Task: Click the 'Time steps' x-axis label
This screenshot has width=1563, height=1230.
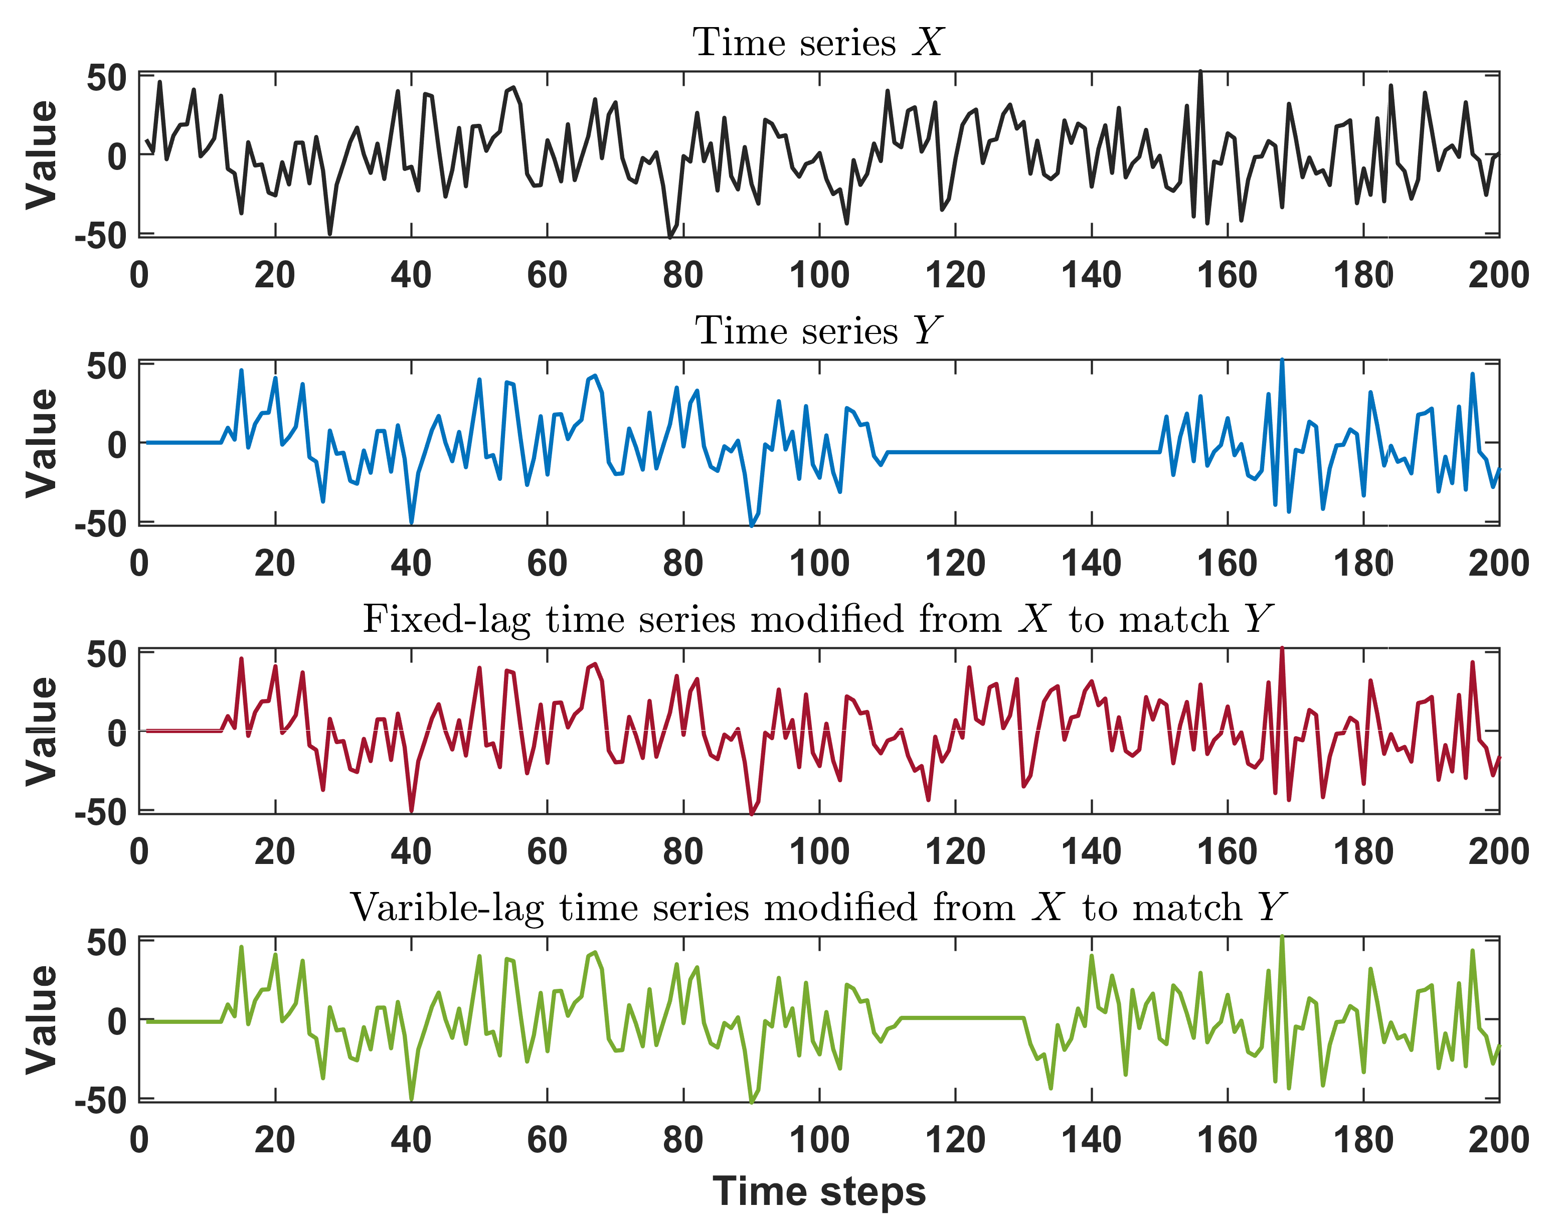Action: (x=819, y=1192)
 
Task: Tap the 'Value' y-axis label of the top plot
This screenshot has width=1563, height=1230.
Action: (x=41, y=155)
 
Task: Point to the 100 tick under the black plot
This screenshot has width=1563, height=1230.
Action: (x=819, y=275)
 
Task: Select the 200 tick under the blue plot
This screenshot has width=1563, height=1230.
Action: (x=1498, y=563)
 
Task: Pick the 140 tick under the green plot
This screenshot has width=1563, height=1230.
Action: (x=1091, y=1140)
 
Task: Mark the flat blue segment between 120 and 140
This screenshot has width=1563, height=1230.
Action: (x=1023, y=452)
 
